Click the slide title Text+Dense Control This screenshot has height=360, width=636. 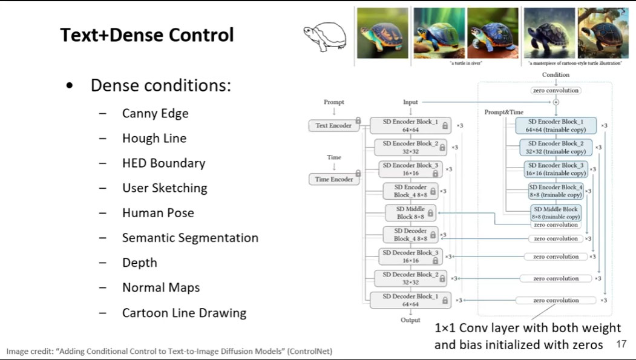click(x=146, y=35)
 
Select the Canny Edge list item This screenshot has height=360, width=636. click(x=155, y=113)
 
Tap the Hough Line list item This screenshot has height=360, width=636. click(x=154, y=139)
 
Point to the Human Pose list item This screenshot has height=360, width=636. click(x=158, y=213)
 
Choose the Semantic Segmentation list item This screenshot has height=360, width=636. click(x=190, y=238)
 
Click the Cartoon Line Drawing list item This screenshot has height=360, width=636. click(x=184, y=313)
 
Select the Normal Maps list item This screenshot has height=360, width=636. click(x=160, y=287)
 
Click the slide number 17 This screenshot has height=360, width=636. click(x=620, y=344)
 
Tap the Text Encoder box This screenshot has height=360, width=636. click(x=333, y=126)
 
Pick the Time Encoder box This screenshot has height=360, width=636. click(x=333, y=180)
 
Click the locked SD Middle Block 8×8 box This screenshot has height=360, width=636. click(x=411, y=213)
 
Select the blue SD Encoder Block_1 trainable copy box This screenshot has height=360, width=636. click(x=556, y=126)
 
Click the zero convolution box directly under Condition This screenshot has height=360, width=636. click(x=556, y=90)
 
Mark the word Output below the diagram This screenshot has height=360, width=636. click(x=410, y=320)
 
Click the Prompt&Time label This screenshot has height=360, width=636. click(x=503, y=113)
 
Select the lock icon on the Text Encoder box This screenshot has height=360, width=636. click(x=358, y=121)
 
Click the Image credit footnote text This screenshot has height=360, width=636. click(x=169, y=351)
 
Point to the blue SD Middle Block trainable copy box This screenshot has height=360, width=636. click(x=556, y=213)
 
